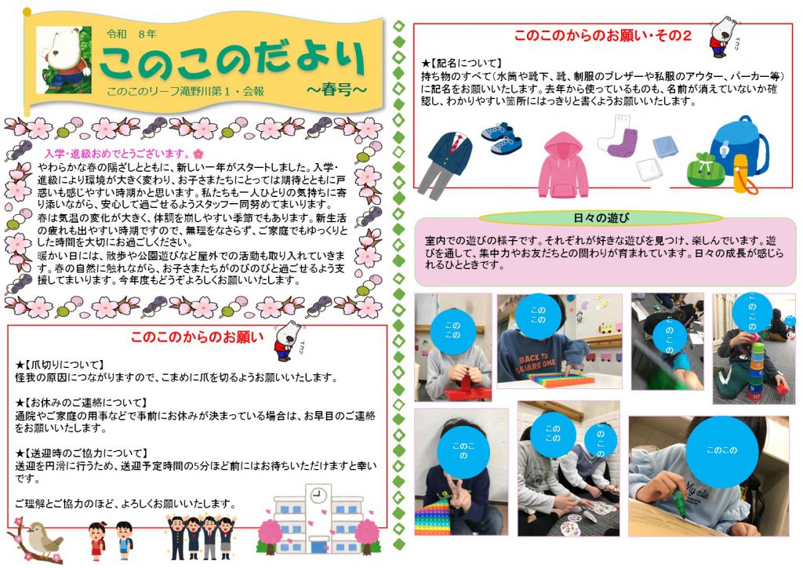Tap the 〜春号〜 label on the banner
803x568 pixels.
[x=336, y=89]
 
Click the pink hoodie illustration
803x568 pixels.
[x=563, y=164]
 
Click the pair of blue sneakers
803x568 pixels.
[x=502, y=138]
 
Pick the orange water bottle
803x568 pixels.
[x=743, y=174]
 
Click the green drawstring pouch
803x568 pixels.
[x=704, y=168]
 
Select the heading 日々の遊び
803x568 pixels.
[x=601, y=217]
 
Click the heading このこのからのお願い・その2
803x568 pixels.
[x=603, y=35]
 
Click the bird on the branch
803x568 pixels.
[x=43, y=539]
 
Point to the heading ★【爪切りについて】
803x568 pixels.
[x=60, y=365]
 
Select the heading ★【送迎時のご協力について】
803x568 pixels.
[x=82, y=453]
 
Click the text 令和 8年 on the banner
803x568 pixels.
[x=132, y=35]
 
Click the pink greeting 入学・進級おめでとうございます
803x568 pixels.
[x=118, y=153]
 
